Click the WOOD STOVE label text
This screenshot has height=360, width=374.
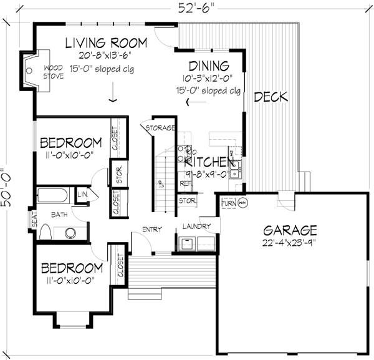click(53, 72)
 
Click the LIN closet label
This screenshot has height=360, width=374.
click(83, 195)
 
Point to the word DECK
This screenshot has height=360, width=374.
click(271, 97)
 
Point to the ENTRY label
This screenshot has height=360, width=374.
click(151, 230)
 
